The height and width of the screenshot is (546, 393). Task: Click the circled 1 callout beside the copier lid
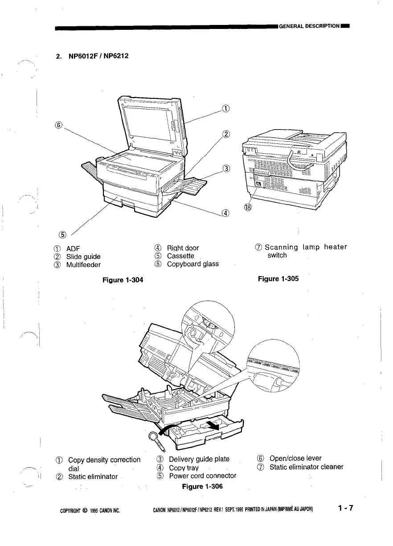(x=226, y=108)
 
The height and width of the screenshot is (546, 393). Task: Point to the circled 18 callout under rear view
(x=248, y=207)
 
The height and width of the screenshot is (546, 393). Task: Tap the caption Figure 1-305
(x=278, y=279)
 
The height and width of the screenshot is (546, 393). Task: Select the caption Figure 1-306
(x=202, y=486)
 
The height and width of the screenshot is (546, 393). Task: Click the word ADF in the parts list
(x=73, y=248)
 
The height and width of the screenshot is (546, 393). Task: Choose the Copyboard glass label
(x=193, y=264)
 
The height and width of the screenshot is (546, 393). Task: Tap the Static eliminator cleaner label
(x=306, y=467)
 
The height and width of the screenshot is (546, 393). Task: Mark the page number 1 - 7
(x=345, y=508)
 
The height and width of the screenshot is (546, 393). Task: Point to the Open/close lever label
(x=295, y=458)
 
